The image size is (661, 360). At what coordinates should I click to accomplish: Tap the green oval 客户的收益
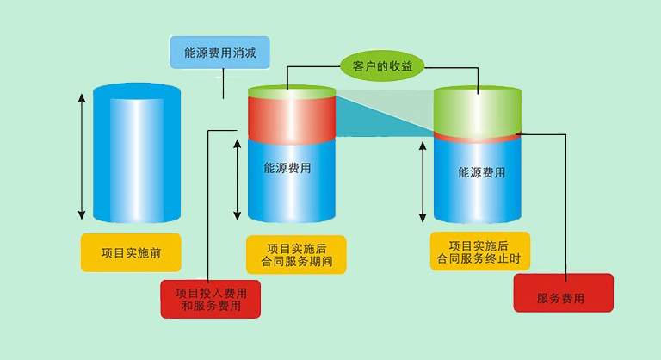(x=382, y=65)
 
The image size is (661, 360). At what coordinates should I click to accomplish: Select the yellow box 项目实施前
(x=131, y=252)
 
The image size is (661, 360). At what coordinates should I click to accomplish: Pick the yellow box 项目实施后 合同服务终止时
(x=479, y=251)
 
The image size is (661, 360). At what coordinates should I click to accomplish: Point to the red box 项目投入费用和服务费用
(x=210, y=299)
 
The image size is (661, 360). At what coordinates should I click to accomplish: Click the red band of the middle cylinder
(x=291, y=119)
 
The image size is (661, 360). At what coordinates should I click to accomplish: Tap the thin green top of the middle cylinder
(x=291, y=91)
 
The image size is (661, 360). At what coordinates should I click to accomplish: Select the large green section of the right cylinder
(x=477, y=110)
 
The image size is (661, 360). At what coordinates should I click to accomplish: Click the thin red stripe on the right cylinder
(x=477, y=138)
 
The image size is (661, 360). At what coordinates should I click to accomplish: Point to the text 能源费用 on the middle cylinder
(x=287, y=168)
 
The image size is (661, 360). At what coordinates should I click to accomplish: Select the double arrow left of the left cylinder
(x=82, y=155)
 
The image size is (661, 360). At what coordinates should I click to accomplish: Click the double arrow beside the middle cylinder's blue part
(x=238, y=180)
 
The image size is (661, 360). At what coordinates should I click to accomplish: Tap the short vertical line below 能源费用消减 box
(x=224, y=84)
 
